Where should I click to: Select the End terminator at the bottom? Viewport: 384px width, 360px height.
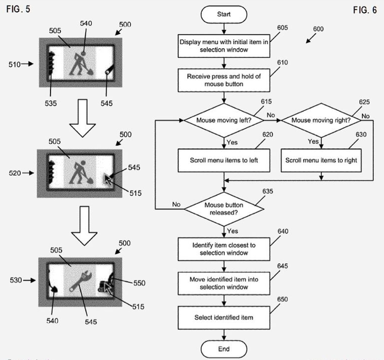pyautogui.click(x=224, y=349)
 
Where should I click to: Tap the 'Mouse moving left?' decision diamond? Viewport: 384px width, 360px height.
pyautogui.click(x=224, y=119)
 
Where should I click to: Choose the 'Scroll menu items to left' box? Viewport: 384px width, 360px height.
pyautogui.click(x=224, y=160)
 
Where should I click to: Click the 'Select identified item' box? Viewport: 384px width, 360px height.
pyautogui.click(x=224, y=317)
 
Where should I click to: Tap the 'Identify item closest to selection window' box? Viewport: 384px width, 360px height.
pyautogui.click(x=224, y=249)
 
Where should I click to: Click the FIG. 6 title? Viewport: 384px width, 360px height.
pyautogui.click(x=365, y=10)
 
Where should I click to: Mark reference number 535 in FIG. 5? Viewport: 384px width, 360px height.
pyautogui.click(x=52, y=102)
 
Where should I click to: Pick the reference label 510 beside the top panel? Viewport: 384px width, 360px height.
pyautogui.click(x=15, y=65)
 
